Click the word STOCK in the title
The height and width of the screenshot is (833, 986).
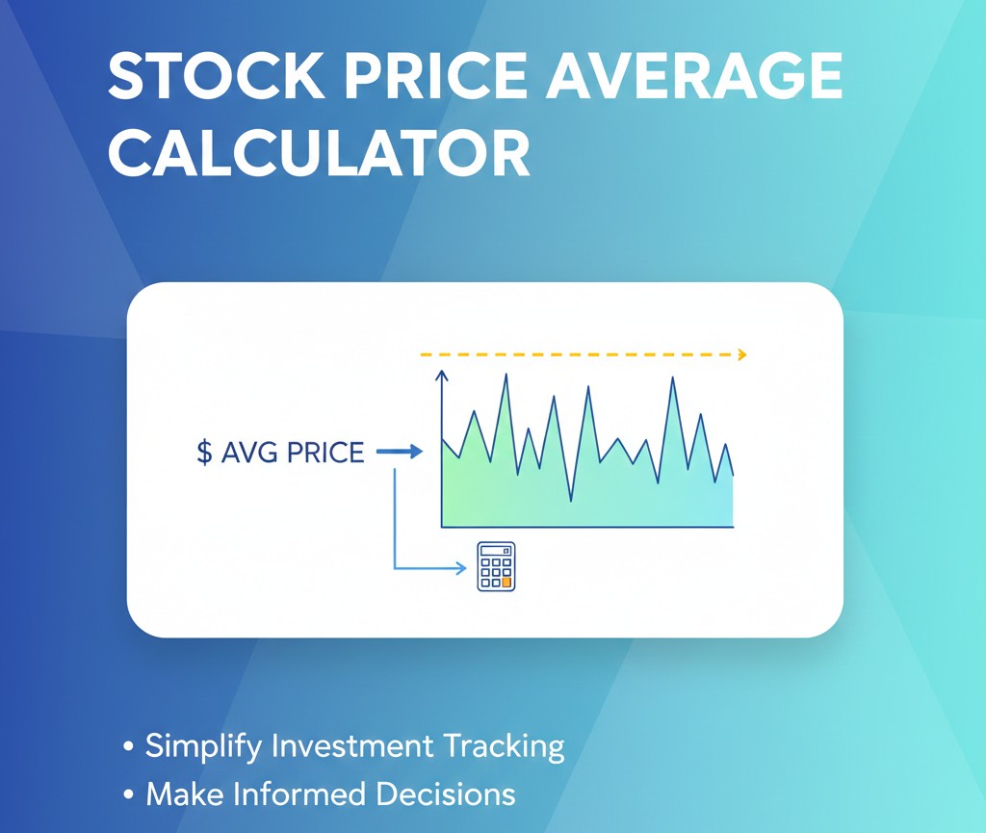[x=217, y=75]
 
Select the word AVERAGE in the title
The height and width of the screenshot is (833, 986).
[x=693, y=75]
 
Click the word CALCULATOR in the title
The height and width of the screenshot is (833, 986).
[x=320, y=153]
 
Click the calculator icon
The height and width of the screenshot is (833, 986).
[x=496, y=566]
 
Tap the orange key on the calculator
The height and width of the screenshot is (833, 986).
[x=506, y=583]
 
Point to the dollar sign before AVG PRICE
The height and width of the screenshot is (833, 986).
[x=204, y=452]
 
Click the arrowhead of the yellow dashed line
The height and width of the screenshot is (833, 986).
[x=742, y=355]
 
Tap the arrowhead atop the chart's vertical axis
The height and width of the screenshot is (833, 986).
[x=442, y=376]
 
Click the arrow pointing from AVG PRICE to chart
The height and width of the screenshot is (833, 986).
[x=400, y=452]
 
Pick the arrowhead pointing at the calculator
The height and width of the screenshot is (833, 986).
[x=462, y=568]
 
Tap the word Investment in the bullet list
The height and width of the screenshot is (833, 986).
[x=352, y=745]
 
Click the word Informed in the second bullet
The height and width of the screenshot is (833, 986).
[x=300, y=794]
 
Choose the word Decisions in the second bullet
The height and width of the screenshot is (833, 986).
[x=446, y=794]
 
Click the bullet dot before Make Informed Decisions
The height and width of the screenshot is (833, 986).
[x=129, y=794]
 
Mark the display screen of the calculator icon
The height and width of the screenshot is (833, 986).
[x=496, y=551]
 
